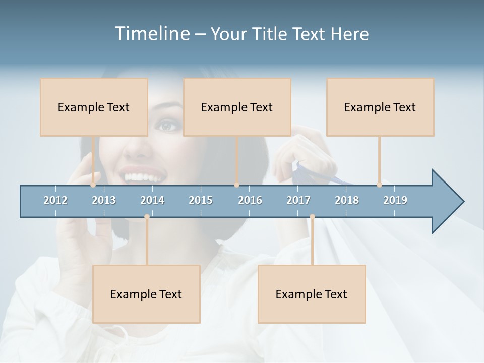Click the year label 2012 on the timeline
click(55, 200)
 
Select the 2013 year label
click(104, 200)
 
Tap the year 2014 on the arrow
click(152, 200)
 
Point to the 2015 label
click(201, 200)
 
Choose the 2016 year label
click(250, 200)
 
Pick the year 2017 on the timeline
click(298, 200)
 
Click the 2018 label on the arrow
click(347, 200)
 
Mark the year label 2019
click(395, 200)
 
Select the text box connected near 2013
click(94, 107)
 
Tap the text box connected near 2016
click(237, 107)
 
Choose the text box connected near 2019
click(380, 107)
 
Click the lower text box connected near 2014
click(146, 294)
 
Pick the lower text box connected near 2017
click(312, 294)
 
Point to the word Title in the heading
click(272, 34)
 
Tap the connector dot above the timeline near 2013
click(93, 185)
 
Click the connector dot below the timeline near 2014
click(147, 217)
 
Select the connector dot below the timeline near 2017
click(312, 217)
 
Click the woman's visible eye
click(168, 125)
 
